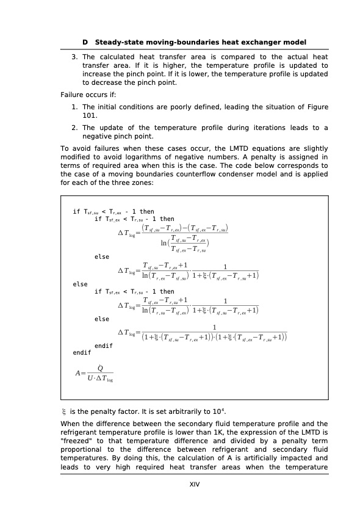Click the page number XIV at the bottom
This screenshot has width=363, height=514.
tap(195, 484)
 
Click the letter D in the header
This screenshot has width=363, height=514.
tap(85, 42)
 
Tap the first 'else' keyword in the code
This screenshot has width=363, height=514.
tap(102, 257)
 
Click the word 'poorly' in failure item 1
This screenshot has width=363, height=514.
tap(173, 106)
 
